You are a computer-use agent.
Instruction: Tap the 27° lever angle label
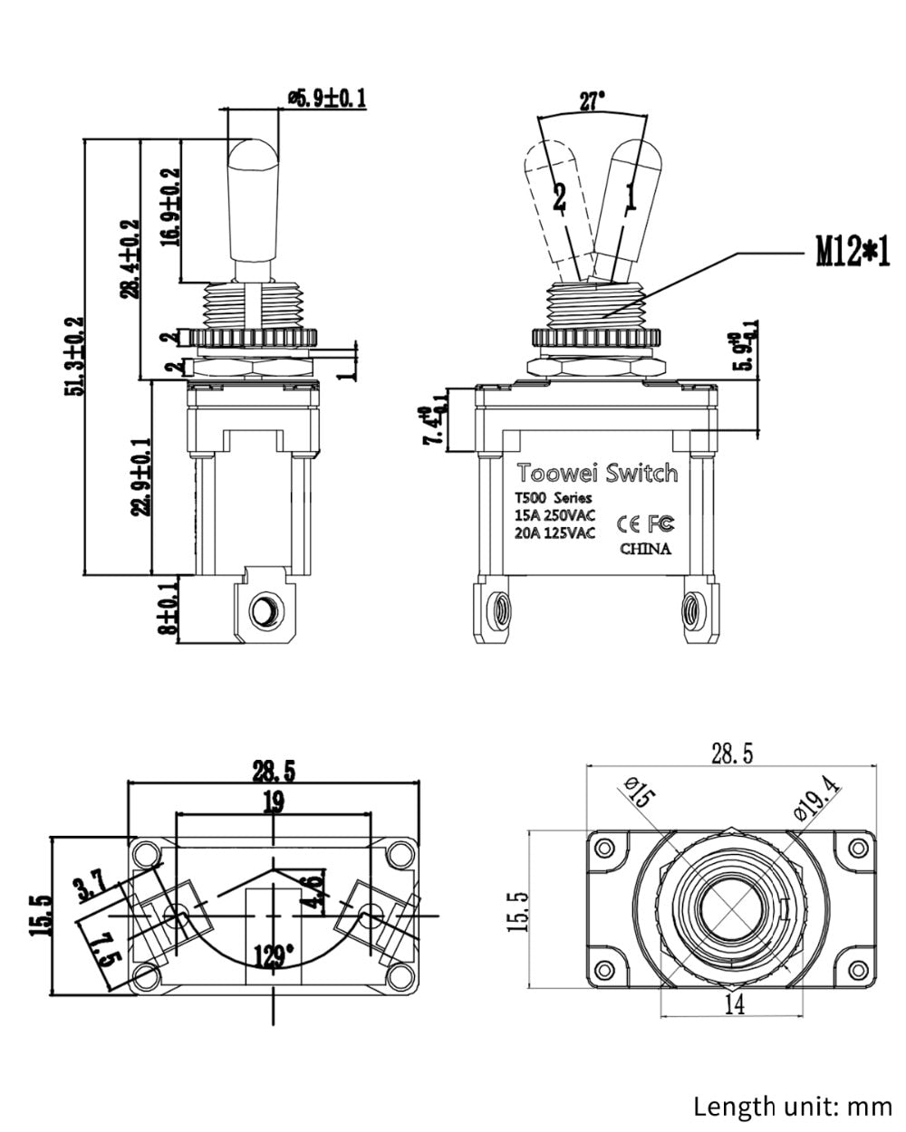click(592, 101)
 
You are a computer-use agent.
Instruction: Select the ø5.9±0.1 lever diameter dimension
click(325, 97)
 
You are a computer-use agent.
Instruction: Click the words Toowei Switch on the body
click(596, 473)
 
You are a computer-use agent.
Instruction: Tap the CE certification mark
click(628, 523)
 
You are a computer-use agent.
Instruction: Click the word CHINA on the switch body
click(645, 549)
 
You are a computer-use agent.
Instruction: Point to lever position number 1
click(631, 196)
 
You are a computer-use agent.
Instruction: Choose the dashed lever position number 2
click(559, 197)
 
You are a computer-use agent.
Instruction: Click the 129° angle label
click(274, 955)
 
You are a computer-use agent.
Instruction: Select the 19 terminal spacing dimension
click(274, 801)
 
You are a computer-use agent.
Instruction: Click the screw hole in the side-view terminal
click(265, 611)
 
